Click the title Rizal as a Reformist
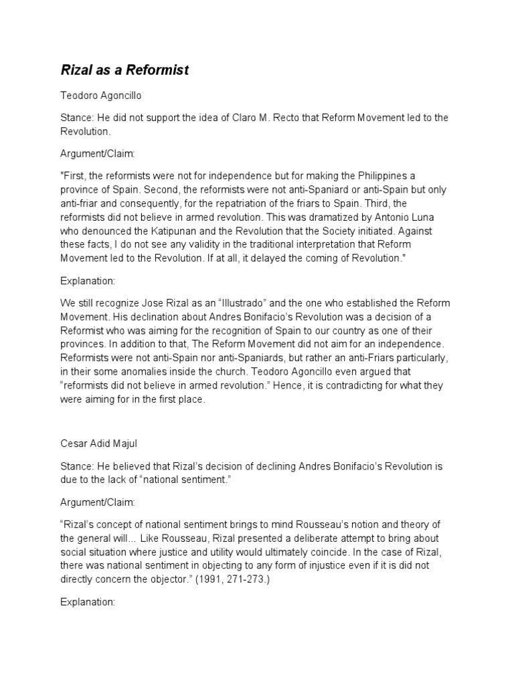coord(124,70)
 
